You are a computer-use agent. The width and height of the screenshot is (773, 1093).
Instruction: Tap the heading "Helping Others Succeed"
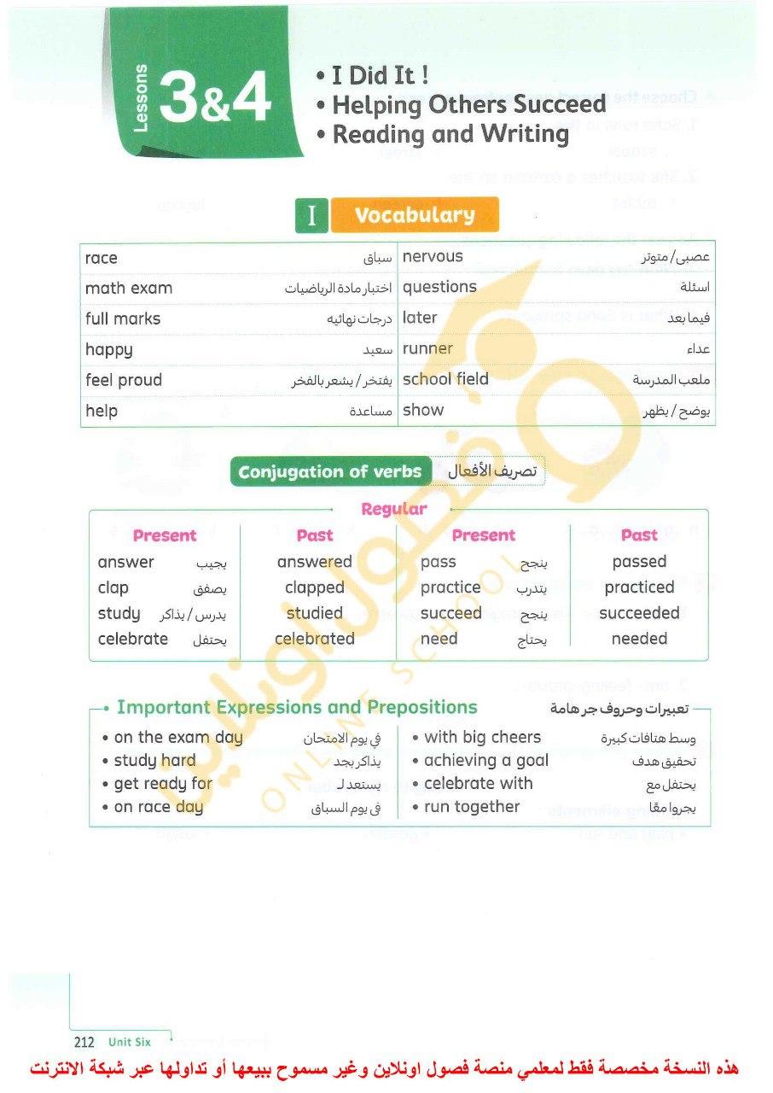pyautogui.click(x=468, y=105)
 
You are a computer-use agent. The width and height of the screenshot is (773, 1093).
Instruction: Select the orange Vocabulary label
pyautogui.click(x=414, y=215)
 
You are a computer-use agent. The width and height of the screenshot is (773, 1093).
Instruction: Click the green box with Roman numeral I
pyautogui.click(x=311, y=216)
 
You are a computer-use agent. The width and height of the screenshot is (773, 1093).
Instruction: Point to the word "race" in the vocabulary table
pyautogui.click(x=102, y=258)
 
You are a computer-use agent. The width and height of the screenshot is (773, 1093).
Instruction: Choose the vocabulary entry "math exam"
pyautogui.click(x=129, y=289)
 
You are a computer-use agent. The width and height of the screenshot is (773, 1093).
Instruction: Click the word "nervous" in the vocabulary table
pyautogui.click(x=433, y=256)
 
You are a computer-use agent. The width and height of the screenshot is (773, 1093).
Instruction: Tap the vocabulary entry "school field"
pyautogui.click(x=445, y=379)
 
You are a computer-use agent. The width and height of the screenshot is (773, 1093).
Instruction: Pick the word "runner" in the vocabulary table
pyautogui.click(x=427, y=348)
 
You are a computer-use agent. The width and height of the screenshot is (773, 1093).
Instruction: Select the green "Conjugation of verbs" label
pyautogui.click(x=330, y=472)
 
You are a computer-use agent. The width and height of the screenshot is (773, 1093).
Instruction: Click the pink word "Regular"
pyautogui.click(x=393, y=509)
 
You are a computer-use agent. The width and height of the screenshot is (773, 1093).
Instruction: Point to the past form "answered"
pyautogui.click(x=314, y=562)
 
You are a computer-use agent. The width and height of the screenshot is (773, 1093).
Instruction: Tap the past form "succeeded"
pyautogui.click(x=639, y=613)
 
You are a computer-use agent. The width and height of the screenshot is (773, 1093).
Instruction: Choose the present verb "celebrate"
pyautogui.click(x=133, y=639)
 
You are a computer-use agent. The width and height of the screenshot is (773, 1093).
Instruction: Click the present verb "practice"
pyautogui.click(x=450, y=587)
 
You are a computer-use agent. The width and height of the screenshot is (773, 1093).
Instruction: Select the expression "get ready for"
pyautogui.click(x=163, y=784)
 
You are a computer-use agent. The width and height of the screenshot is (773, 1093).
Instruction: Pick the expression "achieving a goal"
pyautogui.click(x=486, y=761)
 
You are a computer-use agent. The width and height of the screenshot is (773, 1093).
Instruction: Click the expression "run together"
pyautogui.click(x=472, y=807)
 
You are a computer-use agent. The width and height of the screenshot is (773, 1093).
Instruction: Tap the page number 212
pyautogui.click(x=84, y=1042)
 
